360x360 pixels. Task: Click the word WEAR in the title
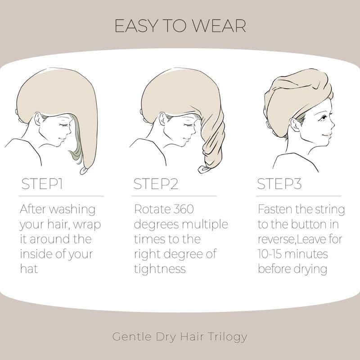point(219,26)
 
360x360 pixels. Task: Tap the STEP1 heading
point(42,184)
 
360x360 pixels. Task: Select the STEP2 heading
point(156,184)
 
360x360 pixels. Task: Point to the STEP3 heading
point(279,184)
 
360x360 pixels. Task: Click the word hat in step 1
point(29,269)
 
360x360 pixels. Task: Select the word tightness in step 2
point(160,269)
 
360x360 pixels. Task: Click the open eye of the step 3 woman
point(324,118)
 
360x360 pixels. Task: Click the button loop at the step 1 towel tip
point(84,171)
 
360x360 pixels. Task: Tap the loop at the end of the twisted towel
point(204,170)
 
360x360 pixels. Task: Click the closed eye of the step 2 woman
point(188,125)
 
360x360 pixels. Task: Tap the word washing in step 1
point(72,210)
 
